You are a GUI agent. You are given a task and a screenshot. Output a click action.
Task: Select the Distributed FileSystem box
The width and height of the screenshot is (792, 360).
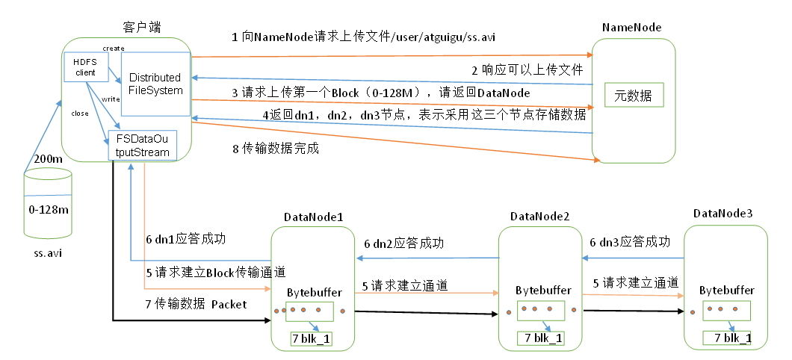pos(155,84)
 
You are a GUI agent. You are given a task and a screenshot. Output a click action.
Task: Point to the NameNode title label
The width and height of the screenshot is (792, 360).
pos(631,28)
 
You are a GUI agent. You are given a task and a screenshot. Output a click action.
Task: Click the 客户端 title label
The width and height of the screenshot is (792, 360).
pos(142,27)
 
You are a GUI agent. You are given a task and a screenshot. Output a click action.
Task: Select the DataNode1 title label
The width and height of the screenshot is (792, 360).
pos(313,217)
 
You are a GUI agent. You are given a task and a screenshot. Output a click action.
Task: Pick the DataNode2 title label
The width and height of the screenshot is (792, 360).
pos(540,217)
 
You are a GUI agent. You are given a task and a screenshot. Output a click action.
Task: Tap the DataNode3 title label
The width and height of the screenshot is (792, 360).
pos(723,214)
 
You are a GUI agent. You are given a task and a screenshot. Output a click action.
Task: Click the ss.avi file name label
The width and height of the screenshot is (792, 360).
pos(48,253)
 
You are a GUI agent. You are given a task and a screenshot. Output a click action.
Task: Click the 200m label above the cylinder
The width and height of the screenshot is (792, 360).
pos(48,159)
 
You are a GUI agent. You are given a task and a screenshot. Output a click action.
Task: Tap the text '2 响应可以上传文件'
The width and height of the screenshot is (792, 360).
pos(526,69)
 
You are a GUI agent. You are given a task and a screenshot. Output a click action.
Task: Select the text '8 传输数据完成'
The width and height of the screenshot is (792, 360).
pos(276,149)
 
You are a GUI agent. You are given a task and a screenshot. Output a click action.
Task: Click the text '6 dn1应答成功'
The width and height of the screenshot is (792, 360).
pos(186,240)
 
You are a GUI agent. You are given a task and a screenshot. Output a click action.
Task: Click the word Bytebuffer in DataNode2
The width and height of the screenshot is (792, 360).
pos(543,290)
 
